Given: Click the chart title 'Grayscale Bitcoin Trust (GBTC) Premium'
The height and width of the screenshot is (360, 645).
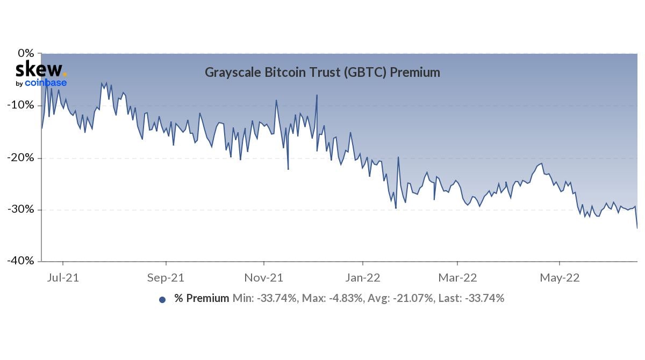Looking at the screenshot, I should (x=322, y=72).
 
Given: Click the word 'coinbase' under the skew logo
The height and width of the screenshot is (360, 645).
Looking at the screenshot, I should (x=46, y=83).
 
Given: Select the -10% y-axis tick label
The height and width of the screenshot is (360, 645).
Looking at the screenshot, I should (x=21, y=105).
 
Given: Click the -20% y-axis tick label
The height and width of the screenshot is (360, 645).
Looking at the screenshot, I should (x=21, y=157).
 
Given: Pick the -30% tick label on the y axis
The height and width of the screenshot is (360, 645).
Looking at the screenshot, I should (x=21, y=209).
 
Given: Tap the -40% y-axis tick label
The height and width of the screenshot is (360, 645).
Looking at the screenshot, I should (x=21, y=261).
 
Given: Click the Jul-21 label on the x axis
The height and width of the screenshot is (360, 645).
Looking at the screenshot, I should (x=63, y=278).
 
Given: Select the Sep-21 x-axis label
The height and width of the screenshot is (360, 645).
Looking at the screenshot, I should (x=166, y=278).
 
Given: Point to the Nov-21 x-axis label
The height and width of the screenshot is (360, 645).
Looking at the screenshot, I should (x=264, y=278).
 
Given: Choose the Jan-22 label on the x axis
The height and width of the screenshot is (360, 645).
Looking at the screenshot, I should (x=363, y=278).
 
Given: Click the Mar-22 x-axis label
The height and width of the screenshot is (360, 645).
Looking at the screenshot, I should (x=457, y=278).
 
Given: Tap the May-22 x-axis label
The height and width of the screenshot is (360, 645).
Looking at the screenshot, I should (x=560, y=278).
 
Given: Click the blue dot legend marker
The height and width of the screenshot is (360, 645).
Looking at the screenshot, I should (x=162, y=300).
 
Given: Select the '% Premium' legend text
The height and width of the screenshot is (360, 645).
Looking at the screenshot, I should (x=202, y=298).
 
